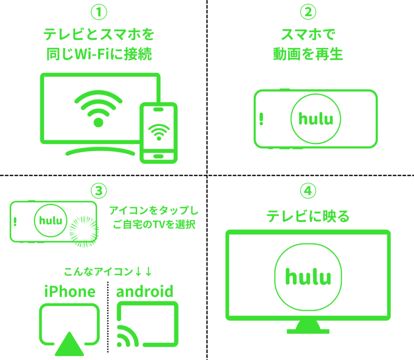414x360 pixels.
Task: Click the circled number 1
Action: (x=99, y=12)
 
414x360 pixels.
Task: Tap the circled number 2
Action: (x=308, y=12)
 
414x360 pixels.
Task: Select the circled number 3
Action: (x=99, y=191)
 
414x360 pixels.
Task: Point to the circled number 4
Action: (x=308, y=191)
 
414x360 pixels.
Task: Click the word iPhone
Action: (x=70, y=292)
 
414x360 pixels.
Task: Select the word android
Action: (x=145, y=292)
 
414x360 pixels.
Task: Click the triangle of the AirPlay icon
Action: (x=70, y=345)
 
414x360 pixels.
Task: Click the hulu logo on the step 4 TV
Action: (x=308, y=277)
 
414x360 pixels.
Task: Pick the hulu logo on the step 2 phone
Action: (x=316, y=119)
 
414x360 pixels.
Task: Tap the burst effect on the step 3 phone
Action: (x=84, y=232)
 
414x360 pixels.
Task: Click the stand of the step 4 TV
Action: (x=308, y=327)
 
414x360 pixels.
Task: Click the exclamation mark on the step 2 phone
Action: (x=261, y=119)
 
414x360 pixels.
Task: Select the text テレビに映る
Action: (x=308, y=216)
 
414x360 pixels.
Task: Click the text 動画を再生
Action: (x=308, y=54)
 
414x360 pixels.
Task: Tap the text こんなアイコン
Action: (x=98, y=271)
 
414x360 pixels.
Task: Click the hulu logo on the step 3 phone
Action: (x=51, y=220)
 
